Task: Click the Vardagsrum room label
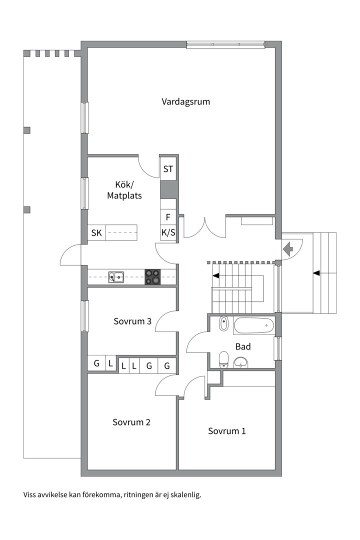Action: tap(185, 102)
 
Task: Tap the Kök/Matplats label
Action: tap(124, 190)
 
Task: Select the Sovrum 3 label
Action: tap(132, 321)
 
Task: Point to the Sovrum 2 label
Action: tap(131, 422)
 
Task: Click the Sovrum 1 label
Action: tap(227, 431)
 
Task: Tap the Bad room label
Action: tap(243, 347)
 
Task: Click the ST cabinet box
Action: tap(168, 169)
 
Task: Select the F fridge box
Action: tap(168, 217)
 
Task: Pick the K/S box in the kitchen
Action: tap(168, 233)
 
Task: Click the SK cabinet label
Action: tap(96, 233)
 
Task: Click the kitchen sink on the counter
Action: tap(116, 277)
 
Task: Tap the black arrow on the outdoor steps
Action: tap(316, 273)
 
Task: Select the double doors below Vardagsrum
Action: tap(205, 228)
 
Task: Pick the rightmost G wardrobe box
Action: tap(167, 365)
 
